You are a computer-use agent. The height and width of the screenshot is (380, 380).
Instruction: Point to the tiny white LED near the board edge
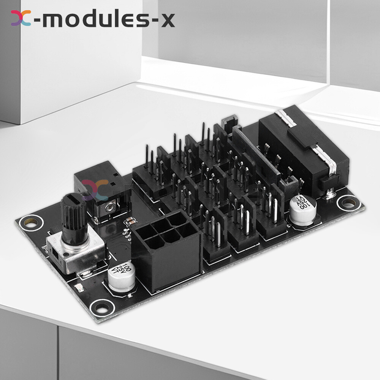tap(79, 288)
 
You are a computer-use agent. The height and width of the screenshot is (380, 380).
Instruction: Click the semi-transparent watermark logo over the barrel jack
tap(95, 190)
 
